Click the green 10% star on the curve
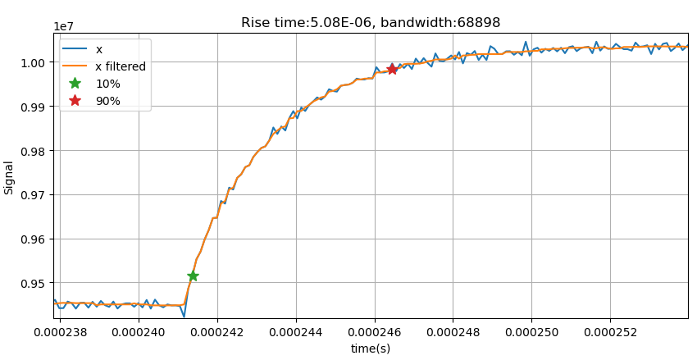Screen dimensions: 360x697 click(x=193, y=276)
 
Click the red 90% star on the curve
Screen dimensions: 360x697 click(x=392, y=69)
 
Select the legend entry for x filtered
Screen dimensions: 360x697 click(x=121, y=66)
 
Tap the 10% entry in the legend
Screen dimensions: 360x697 click(x=107, y=84)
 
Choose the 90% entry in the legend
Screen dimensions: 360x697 click(x=107, y=101)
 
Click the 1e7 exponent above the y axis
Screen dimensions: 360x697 click(x=64, y=26)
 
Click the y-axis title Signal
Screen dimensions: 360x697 click(x=10, y=177)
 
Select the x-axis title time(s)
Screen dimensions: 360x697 click(x=371, y=349)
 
